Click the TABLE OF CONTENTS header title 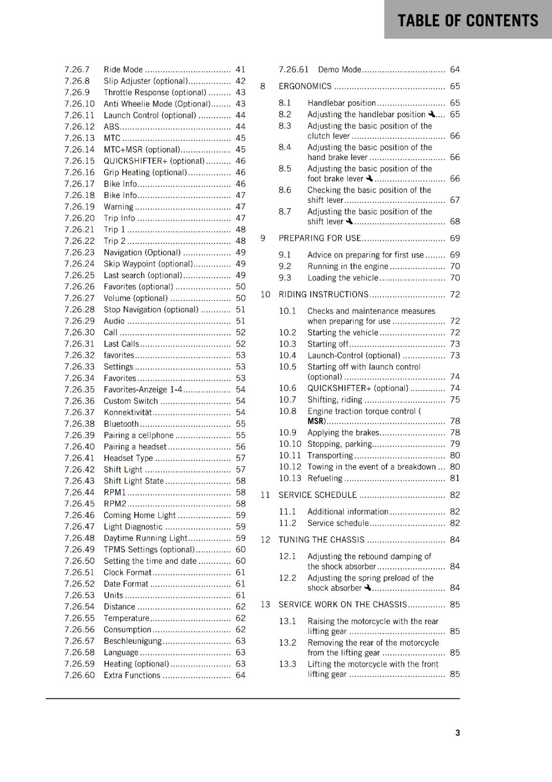(467, 21)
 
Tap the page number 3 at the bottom (457, 733)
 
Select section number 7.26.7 (77, 69)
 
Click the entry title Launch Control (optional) (149, 115)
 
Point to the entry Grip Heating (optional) (145, 173)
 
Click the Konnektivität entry (127, 413)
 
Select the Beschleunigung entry (132, 641)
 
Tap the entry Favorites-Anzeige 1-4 (143, 390)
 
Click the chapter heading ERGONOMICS (305, 87)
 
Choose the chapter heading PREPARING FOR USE (319, 238)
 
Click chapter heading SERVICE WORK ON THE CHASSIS (342, 605)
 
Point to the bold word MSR (316, 421)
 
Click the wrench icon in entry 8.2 (431, 114)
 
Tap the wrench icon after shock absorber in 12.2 (368, 588)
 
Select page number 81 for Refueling (455, 478)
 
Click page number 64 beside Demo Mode (455, 69)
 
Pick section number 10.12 (290, 467)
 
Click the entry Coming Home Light (139, 515)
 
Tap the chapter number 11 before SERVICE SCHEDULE (265, 495)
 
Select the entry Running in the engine (347, 266)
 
